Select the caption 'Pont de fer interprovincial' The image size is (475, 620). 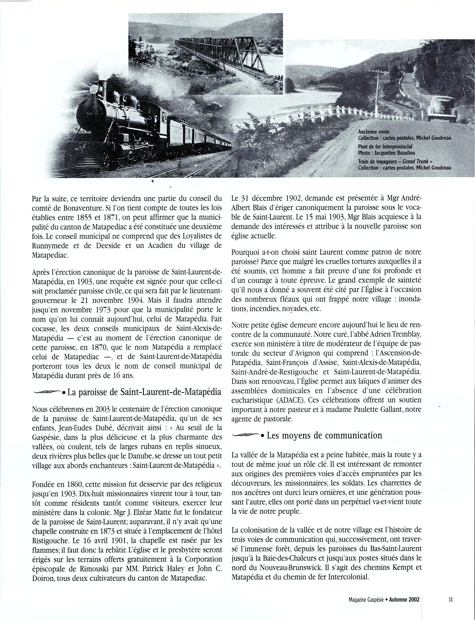(x=385, y=147)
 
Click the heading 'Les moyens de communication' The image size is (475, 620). (x=324, y=435)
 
